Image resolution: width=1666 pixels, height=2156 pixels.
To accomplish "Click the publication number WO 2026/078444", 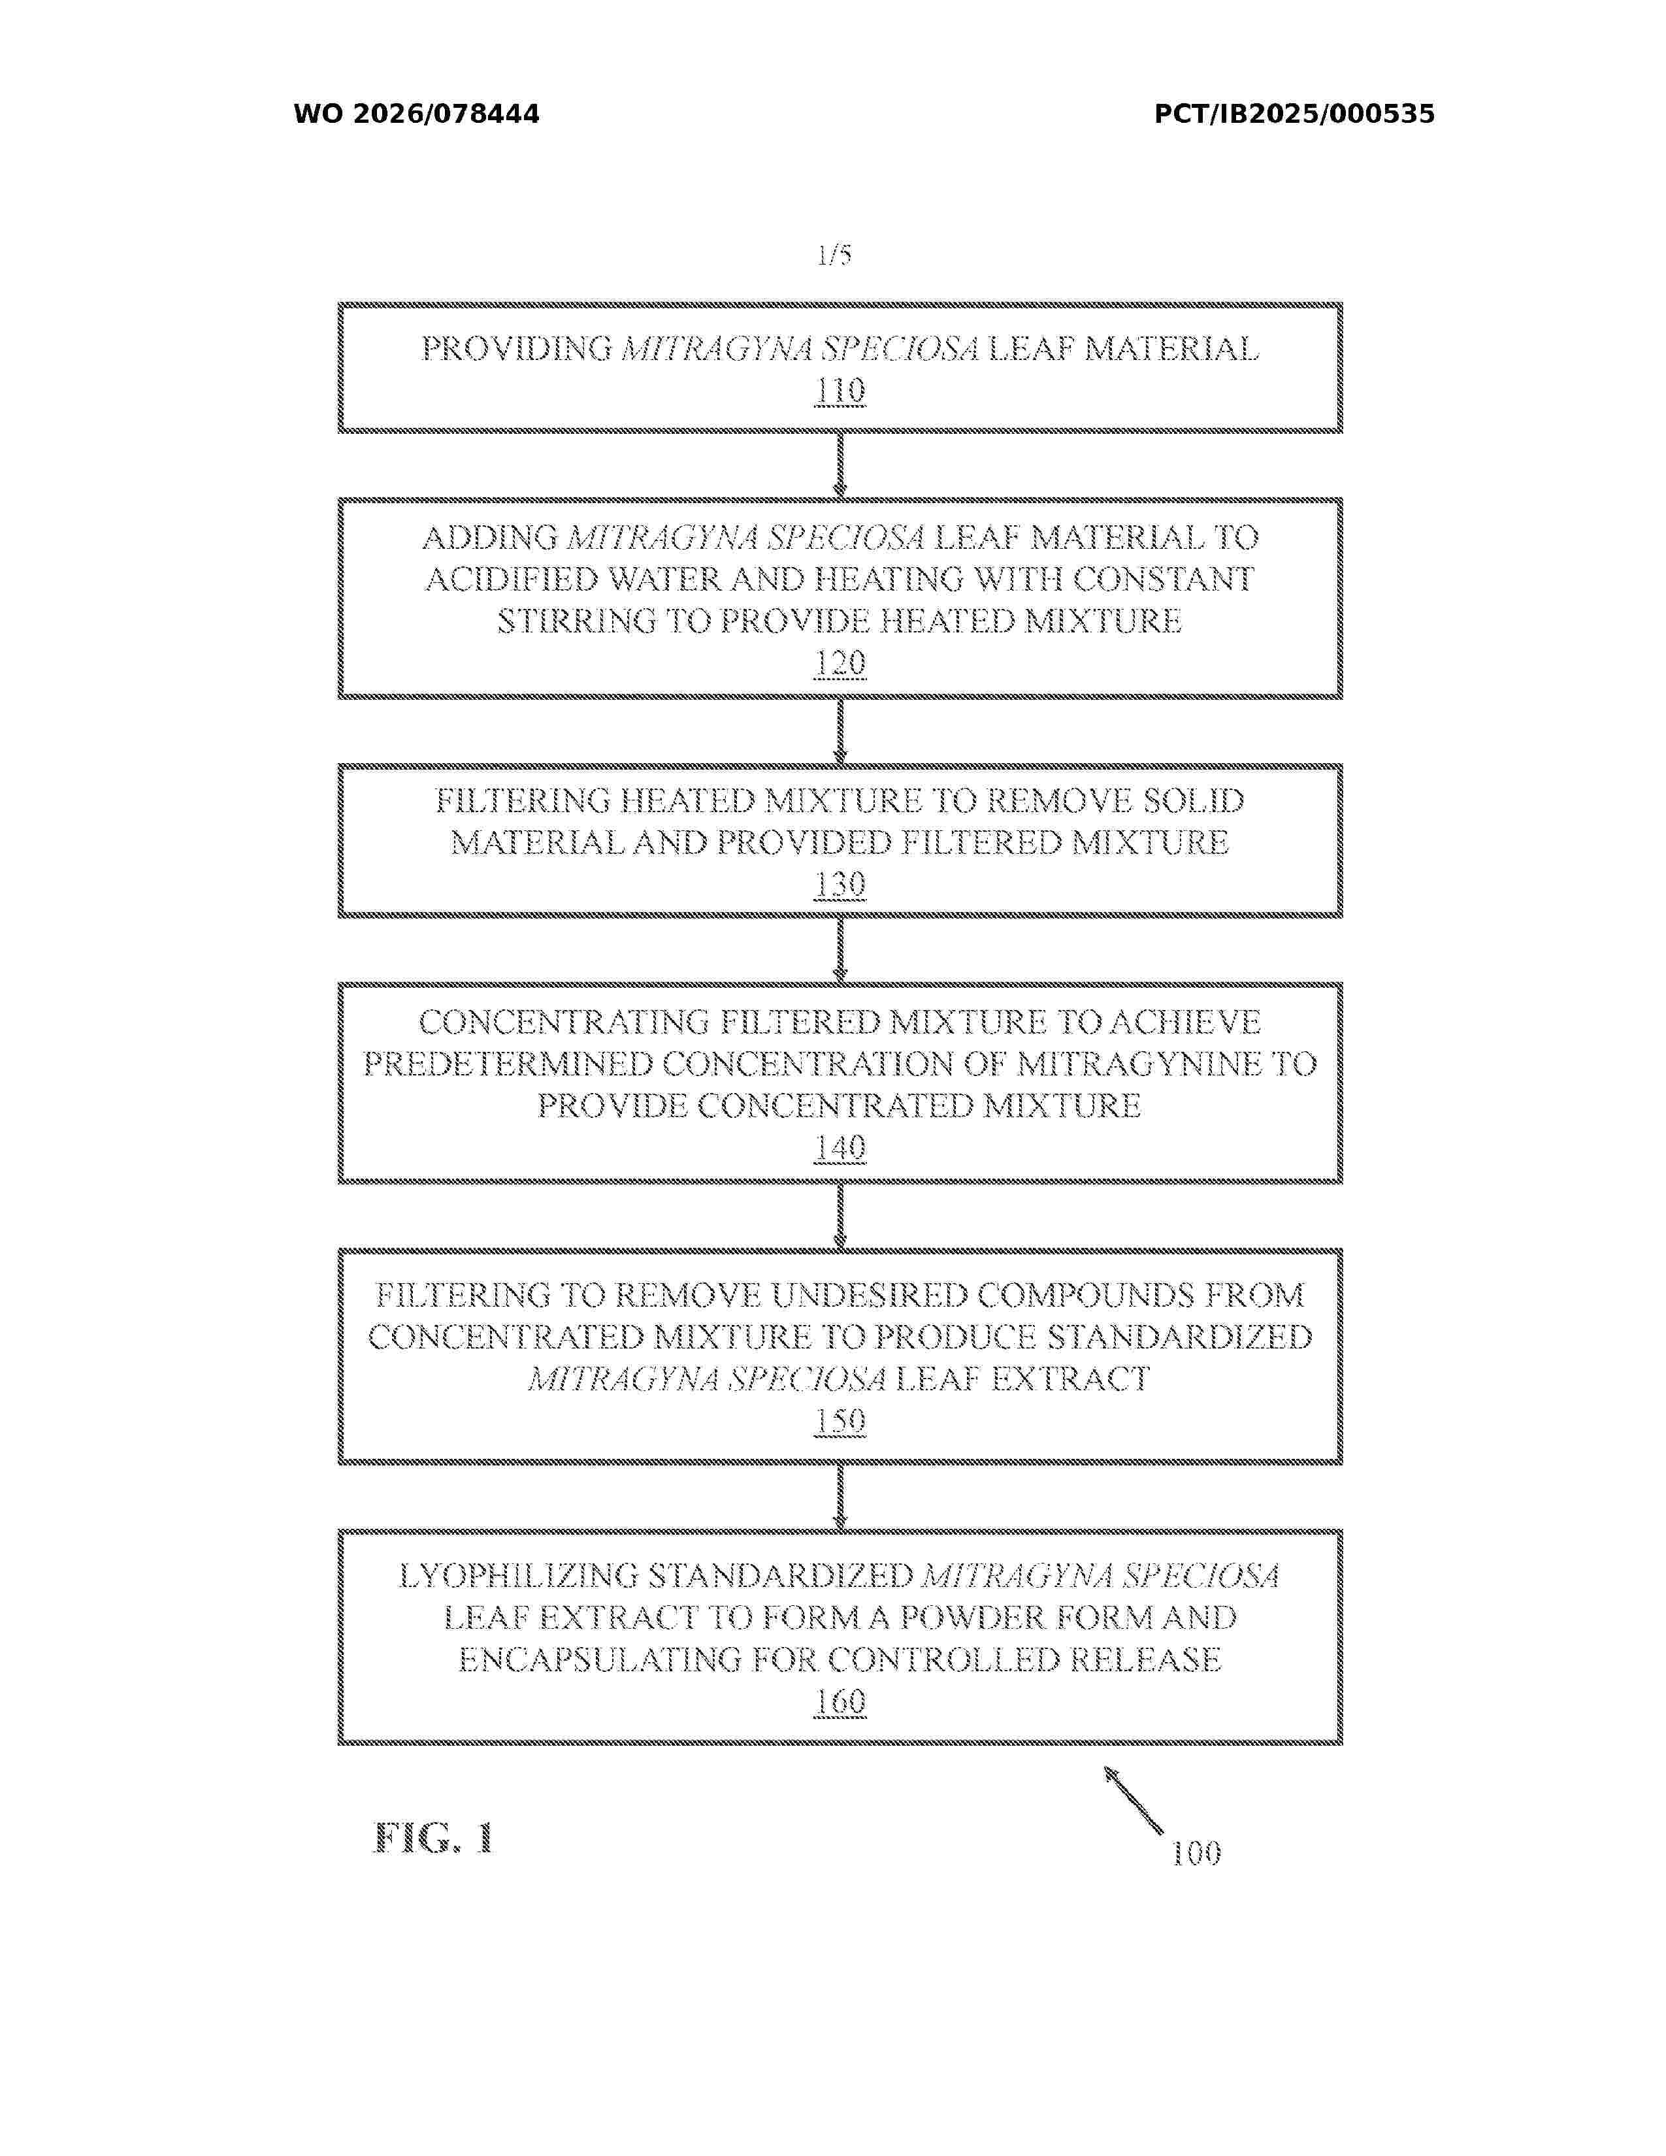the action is pyautogui.click(x=417, y=114).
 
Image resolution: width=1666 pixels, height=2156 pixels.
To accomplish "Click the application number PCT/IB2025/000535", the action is pyautogui.click(x=1294, y=114).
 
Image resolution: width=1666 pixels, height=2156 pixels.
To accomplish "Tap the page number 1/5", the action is pyautogui.click(x=834, y=255).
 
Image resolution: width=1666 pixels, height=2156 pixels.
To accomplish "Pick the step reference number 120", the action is pyautogui.click(x=840, y=663).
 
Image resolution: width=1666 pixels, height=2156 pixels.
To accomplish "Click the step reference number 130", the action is pyautogui.click(x=840, y=885).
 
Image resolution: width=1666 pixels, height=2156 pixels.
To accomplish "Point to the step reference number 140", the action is pyautogui.click(x=840, y=1148).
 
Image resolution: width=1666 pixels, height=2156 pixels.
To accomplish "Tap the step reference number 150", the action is pyautogui.click(x=840, y=1422).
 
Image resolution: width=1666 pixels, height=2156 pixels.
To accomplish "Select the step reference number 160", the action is pyautogui.click(x=840, y=1703).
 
